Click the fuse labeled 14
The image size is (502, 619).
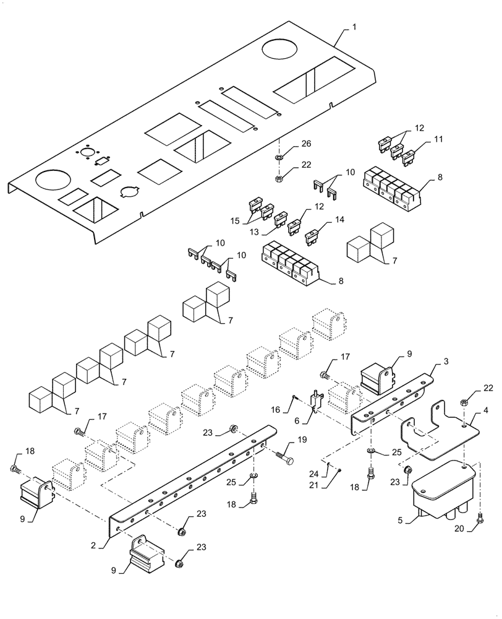point(313,235)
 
